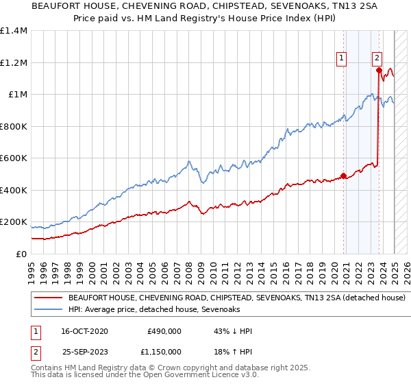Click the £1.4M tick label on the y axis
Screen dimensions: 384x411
point(14,31)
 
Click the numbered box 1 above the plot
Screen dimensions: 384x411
point(341,59)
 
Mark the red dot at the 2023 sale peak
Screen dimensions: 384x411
point(379,69)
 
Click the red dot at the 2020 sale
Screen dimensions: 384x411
point(343,175)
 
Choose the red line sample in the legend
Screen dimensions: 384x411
point(48,298)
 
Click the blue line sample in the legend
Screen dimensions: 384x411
point(48,310)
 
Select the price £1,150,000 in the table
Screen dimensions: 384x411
point(159,351)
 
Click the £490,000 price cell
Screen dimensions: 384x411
point(164,331)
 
